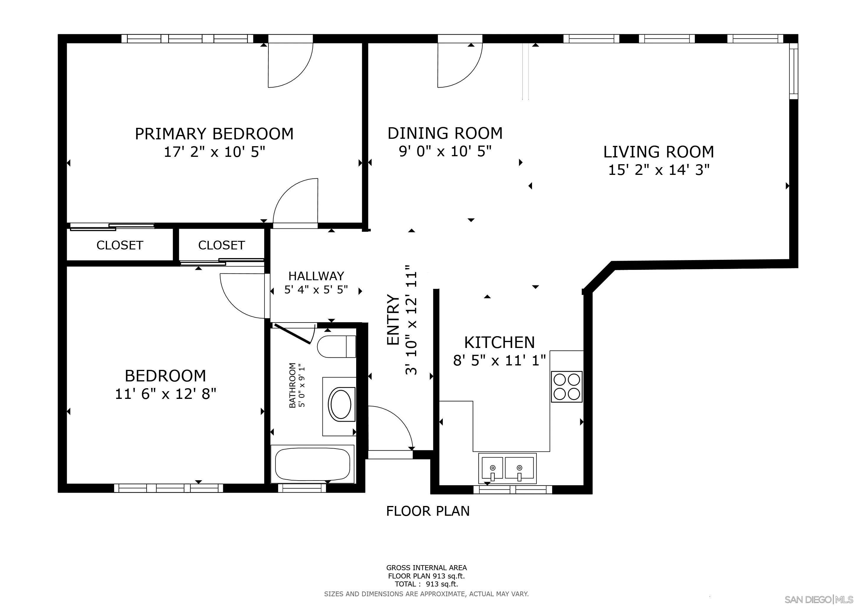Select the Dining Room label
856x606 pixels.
(445, 133)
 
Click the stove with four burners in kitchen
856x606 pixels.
(566, 386)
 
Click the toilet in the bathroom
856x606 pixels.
(335, 347)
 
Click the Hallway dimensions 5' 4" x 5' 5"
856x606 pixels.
(316, 290)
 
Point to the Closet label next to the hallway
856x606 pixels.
(221, 245)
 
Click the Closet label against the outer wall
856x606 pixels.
(120, 245)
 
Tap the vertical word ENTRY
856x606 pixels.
(393, 320)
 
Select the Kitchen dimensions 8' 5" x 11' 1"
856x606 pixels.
(499, 361)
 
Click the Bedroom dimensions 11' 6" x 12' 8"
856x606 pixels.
(166, 394)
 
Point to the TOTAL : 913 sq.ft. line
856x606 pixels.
(426, 584)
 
